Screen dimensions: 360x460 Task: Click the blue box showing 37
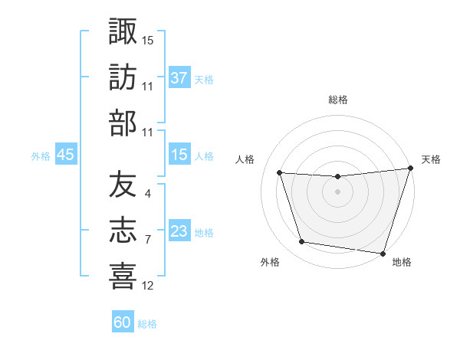pos(179,78)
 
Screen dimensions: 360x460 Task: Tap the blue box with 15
pos(179,155)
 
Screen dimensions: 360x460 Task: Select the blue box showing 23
pos(179,231)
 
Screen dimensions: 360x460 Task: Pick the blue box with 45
pos(65,155)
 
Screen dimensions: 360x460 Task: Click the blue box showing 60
pos(123,322)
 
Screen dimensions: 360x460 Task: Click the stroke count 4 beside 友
pos(147,193)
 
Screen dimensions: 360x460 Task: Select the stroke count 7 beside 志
pos(147,240)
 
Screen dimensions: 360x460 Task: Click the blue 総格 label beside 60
pos(147,324)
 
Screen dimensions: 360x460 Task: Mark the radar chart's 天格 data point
pos(410,169)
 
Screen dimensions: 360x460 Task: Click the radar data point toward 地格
pos(382,253)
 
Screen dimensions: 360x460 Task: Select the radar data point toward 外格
pos(301,242)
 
